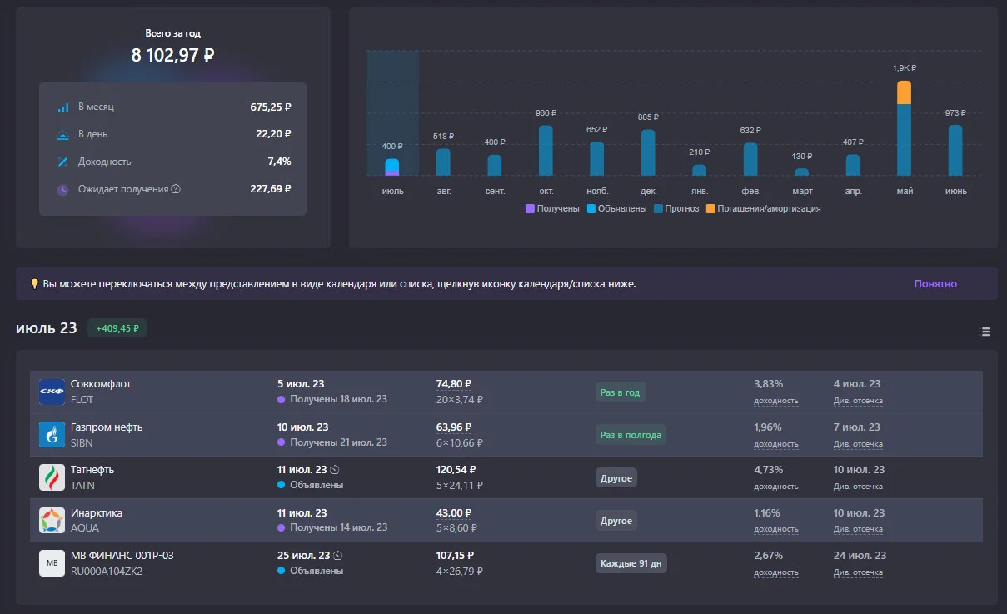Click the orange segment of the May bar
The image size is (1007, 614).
click(x=904, y=92)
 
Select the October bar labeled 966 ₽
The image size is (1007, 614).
click(x=546, y=150)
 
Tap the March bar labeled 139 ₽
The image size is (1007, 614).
click(x=801, y=172)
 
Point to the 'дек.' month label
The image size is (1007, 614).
click(x=648, y=191)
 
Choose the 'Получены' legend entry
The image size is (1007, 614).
click(x=552, y=209)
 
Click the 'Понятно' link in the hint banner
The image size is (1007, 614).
click(x=935, y=284)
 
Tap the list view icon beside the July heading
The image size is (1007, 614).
click(x=985, y=332)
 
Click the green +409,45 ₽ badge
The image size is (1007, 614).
click(x=117, y=328)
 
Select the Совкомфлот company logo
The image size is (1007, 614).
click(x=52, y=392)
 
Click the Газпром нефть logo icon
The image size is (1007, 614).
click(x=52, y=435)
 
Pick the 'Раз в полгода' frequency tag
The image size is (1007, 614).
click(x=631, y=435)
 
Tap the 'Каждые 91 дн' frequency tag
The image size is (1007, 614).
click(x=631, y=563)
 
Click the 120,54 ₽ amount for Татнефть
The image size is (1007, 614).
click(x=456, y=470)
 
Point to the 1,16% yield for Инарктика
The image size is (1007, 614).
click(x=767, y=513)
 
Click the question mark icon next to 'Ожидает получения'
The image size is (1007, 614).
click(x=176, y=189)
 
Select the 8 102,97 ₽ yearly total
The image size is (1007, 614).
click(x=172, y=55)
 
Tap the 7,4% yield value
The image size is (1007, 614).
click(x=279, y=162)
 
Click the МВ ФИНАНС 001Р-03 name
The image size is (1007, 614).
click(x=122, y=556)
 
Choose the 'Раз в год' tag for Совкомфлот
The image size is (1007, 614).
click(x=620, y=392)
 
